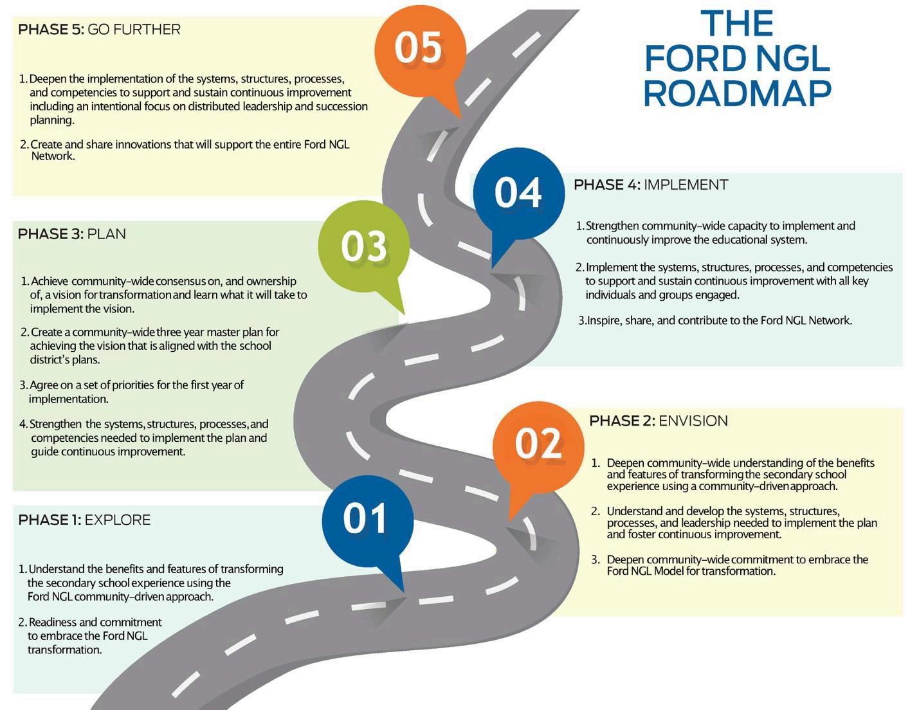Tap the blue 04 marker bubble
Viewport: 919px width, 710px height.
[518, 192]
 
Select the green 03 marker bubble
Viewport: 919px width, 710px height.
[364, 246]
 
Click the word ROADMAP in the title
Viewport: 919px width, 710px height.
[737, 93]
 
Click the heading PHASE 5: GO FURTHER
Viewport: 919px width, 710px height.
[99, 30]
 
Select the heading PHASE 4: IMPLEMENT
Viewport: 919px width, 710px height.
[650, 185]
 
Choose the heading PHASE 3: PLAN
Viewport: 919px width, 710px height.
[71, 234]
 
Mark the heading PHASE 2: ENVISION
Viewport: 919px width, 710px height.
[659, 421]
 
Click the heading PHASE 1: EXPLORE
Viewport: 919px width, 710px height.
[84, 520]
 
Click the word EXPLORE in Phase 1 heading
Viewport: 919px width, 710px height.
[118, 520]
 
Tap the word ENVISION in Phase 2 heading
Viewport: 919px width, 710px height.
[693, 421]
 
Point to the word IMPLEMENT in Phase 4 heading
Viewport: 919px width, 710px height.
[686, 185]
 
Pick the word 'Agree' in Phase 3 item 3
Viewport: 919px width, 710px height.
[44, 385]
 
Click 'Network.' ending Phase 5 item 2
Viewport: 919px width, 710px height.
[53, 156]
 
